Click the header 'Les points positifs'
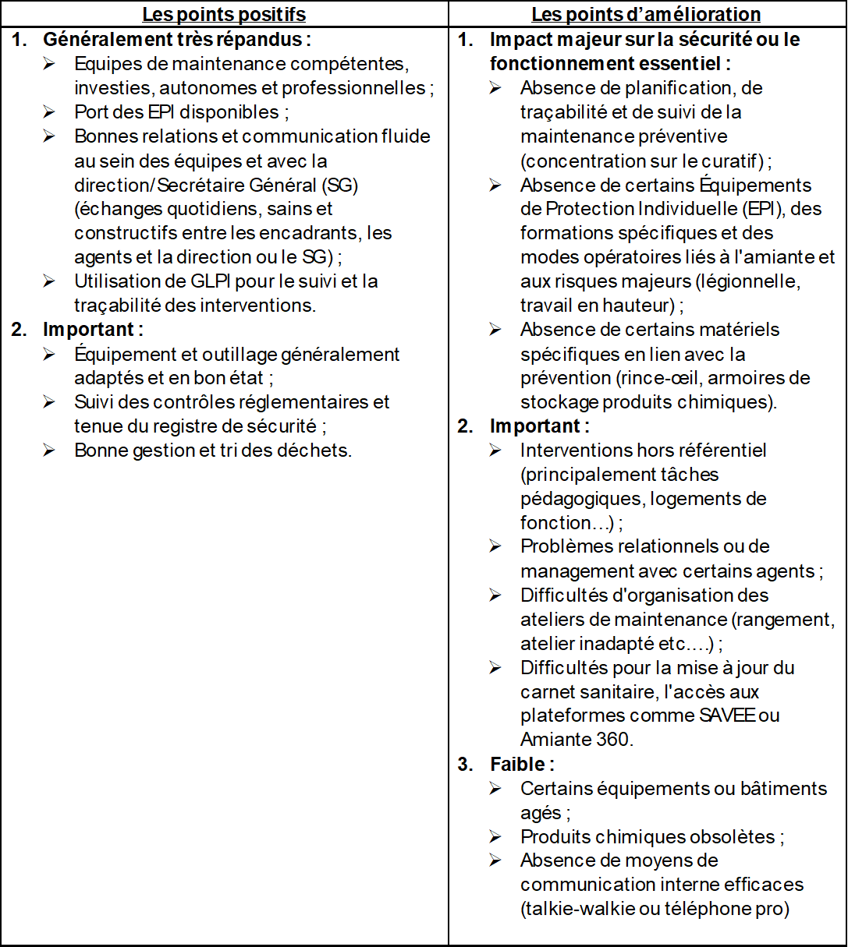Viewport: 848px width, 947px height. (x=224, y=14)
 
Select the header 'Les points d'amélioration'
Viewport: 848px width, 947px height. (x=646, y=14)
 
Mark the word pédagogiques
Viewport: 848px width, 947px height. (x=570, y=499)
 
